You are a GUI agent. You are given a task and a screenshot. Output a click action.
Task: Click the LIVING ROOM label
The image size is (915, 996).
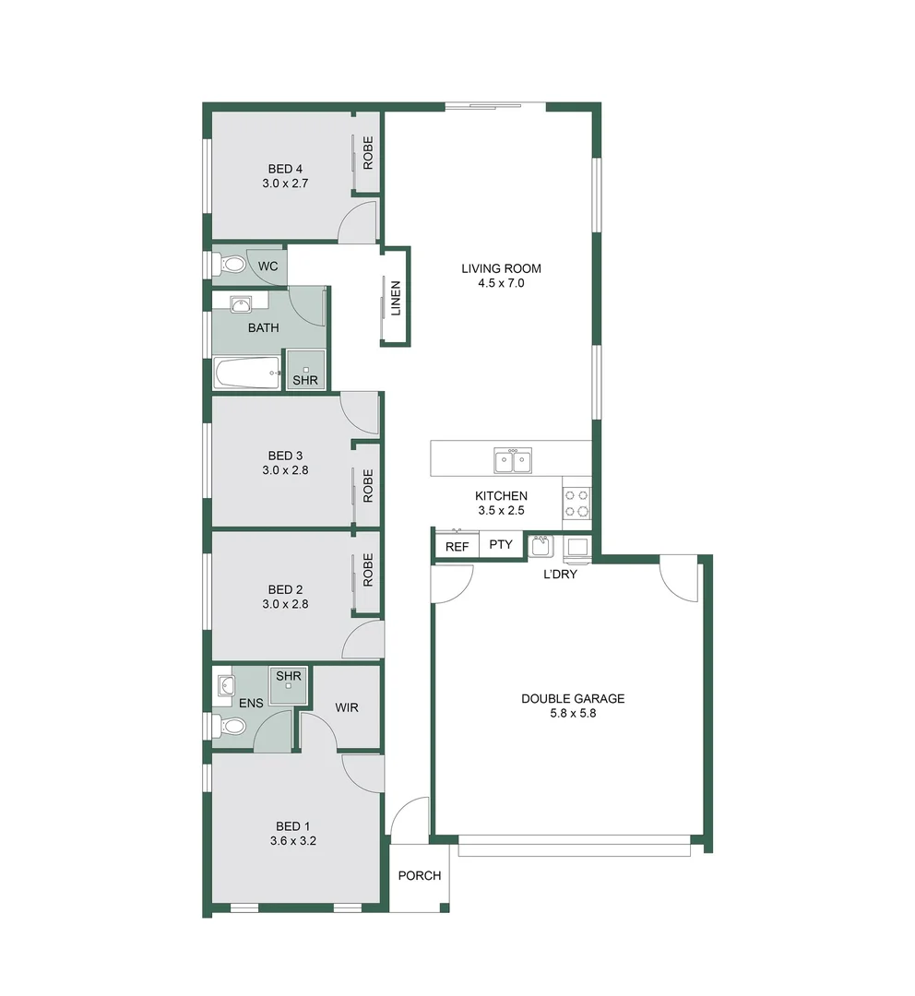coord(501,269)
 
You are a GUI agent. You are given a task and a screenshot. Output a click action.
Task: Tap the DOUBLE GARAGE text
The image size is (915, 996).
coord(572,698)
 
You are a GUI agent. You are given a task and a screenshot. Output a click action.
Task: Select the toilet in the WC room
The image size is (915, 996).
coord(231,266)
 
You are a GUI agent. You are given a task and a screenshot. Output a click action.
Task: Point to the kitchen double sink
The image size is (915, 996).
coord(512,459)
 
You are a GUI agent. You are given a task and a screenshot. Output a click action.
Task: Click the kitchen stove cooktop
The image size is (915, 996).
coord(577,503)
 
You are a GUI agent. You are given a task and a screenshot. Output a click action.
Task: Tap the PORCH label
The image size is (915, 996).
coord(419,875)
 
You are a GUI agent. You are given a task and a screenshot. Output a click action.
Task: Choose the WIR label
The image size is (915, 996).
coord(347,707)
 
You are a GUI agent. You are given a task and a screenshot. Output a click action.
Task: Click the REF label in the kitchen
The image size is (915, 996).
coord(457,546)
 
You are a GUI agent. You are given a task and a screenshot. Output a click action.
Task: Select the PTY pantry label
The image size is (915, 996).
coord(500,545)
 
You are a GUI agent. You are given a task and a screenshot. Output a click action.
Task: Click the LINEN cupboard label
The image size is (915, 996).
coord(396,298)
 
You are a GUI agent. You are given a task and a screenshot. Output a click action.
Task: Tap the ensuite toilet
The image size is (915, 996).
coord(231,727)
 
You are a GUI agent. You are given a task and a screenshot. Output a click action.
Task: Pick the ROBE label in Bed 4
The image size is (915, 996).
coord(368,153)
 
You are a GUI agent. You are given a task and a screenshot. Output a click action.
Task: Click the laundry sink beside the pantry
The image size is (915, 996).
coord(541,547)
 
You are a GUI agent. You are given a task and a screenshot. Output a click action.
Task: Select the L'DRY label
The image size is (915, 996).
coord(559,574)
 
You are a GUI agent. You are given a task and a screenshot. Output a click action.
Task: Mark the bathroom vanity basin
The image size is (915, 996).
coord(242,303)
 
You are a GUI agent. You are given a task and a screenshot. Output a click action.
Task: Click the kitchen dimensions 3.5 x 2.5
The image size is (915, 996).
coord(501,510)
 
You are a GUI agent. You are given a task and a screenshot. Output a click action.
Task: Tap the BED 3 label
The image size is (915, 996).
coord(285,456)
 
